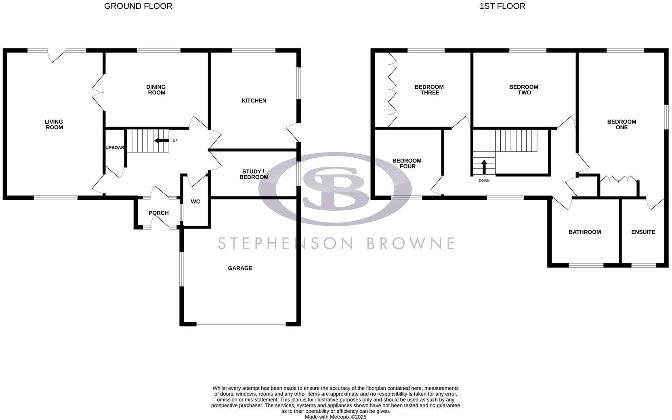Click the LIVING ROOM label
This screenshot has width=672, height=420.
pos(54,124)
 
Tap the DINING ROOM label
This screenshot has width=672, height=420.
pos(156,90)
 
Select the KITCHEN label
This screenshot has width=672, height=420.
pos(254,101)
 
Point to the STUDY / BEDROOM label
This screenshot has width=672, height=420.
pos(254,174)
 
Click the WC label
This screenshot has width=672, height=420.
pos(195,202)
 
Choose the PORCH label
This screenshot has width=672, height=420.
pos(158,213)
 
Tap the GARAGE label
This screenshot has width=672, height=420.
pos(240,268)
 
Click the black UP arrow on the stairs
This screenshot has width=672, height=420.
pos(162,141)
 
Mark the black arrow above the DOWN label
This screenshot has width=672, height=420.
pos(484,166)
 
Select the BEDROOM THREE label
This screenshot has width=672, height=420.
pos(429,90)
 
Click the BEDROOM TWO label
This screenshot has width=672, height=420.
pos(523,90)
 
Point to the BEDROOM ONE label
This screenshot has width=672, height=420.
pos(622,124)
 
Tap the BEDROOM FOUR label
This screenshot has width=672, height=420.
pos(407,164)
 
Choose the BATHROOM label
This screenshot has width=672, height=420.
pos(584,232)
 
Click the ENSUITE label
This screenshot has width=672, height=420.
pos(643,232)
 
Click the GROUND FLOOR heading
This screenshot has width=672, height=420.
pos(138,6)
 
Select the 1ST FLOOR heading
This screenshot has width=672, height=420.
pos(502,6)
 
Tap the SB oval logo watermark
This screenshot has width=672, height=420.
pos(335,189)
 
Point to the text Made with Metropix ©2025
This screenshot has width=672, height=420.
pos(335,417)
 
